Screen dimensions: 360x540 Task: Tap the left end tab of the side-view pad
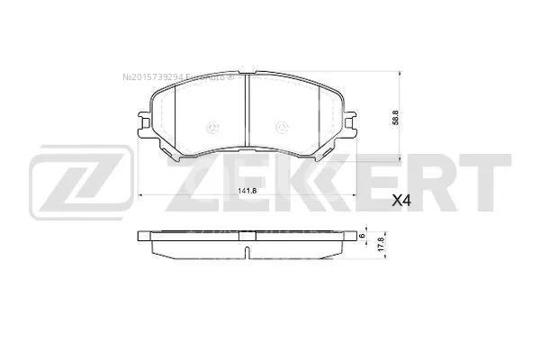[141, 236]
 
